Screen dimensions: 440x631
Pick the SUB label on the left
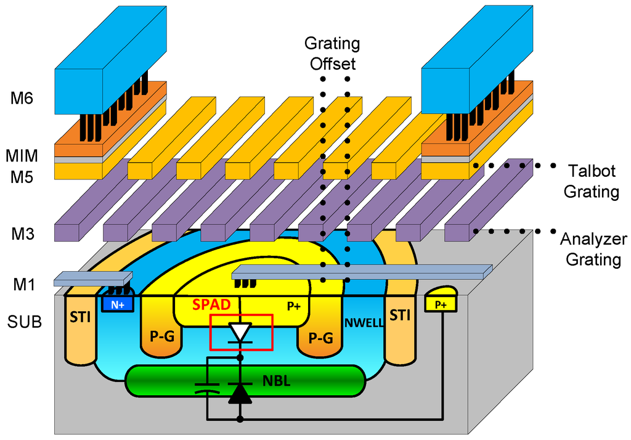coord(24,321)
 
